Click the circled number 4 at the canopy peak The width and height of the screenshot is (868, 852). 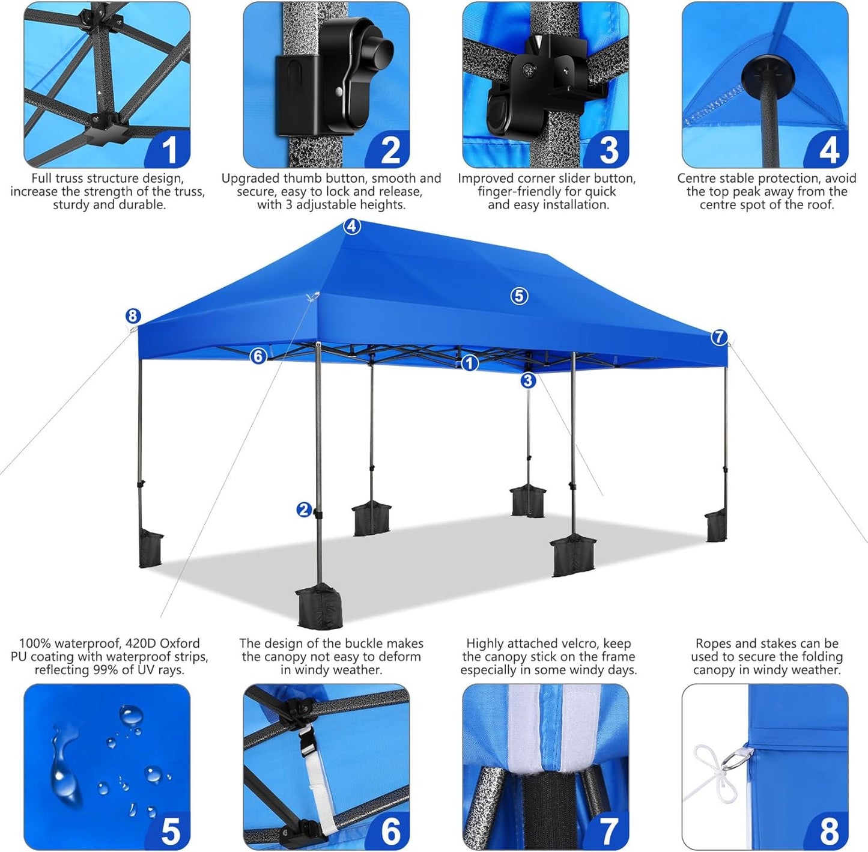352,227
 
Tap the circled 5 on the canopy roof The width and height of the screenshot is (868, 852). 520,296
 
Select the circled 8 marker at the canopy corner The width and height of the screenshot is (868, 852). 133,316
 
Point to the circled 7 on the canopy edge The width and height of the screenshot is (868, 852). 719,337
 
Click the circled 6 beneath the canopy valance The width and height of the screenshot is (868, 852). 258,356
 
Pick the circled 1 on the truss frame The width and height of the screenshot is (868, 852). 470,363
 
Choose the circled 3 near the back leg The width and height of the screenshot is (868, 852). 528,380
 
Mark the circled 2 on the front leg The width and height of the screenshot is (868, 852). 305,510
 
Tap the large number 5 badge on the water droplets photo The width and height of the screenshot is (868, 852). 171,832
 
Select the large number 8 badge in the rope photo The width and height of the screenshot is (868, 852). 829,832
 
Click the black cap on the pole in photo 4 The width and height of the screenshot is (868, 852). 767,77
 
